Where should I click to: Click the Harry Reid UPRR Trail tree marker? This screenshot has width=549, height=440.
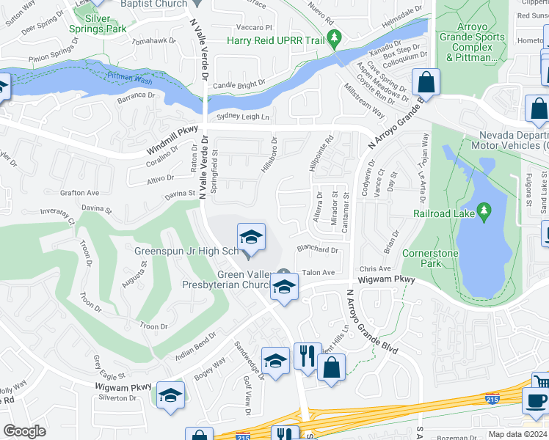click(x=335, y=38)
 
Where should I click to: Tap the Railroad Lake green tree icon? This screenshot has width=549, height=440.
click(x=483, y=213)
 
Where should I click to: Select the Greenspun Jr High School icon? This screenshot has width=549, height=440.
click(x=250, y=238)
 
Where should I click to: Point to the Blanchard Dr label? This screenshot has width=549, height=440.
click(x=317, y=249)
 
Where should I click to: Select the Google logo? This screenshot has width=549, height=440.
click(x=24, y=431)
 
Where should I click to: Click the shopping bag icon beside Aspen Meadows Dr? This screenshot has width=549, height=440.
click(x=425, y=81)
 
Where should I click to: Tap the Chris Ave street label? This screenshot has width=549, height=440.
click(x=375, y=269)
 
